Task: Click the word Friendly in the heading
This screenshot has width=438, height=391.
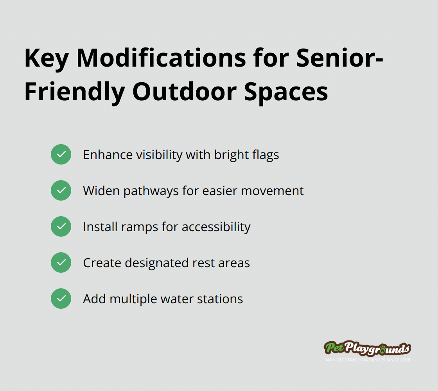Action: (75, 92)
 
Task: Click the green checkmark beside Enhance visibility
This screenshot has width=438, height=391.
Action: (61, 154)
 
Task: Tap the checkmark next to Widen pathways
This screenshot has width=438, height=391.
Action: (61, 190)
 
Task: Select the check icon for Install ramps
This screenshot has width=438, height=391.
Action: (61, 226)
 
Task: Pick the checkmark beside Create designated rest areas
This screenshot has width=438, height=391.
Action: (61, 262)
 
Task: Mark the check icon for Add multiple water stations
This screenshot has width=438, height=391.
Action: (61, 299)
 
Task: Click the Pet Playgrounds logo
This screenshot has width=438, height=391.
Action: (367, 348)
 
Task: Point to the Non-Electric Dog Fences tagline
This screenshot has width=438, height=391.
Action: (368, 360)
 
